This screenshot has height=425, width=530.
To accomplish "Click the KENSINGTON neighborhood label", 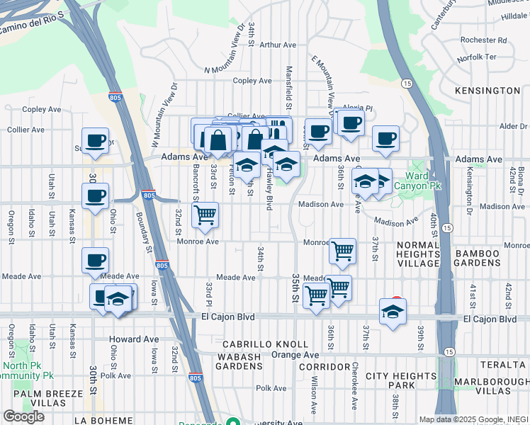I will click(x=490, y=91).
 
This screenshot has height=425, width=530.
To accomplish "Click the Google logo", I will click(x=23, y=416).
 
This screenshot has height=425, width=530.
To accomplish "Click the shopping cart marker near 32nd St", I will click(x=205, y=214).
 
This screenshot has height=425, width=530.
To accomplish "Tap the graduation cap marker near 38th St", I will click(x=393, y=312).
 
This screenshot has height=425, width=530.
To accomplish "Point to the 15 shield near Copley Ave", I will click(x=407, y=84).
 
